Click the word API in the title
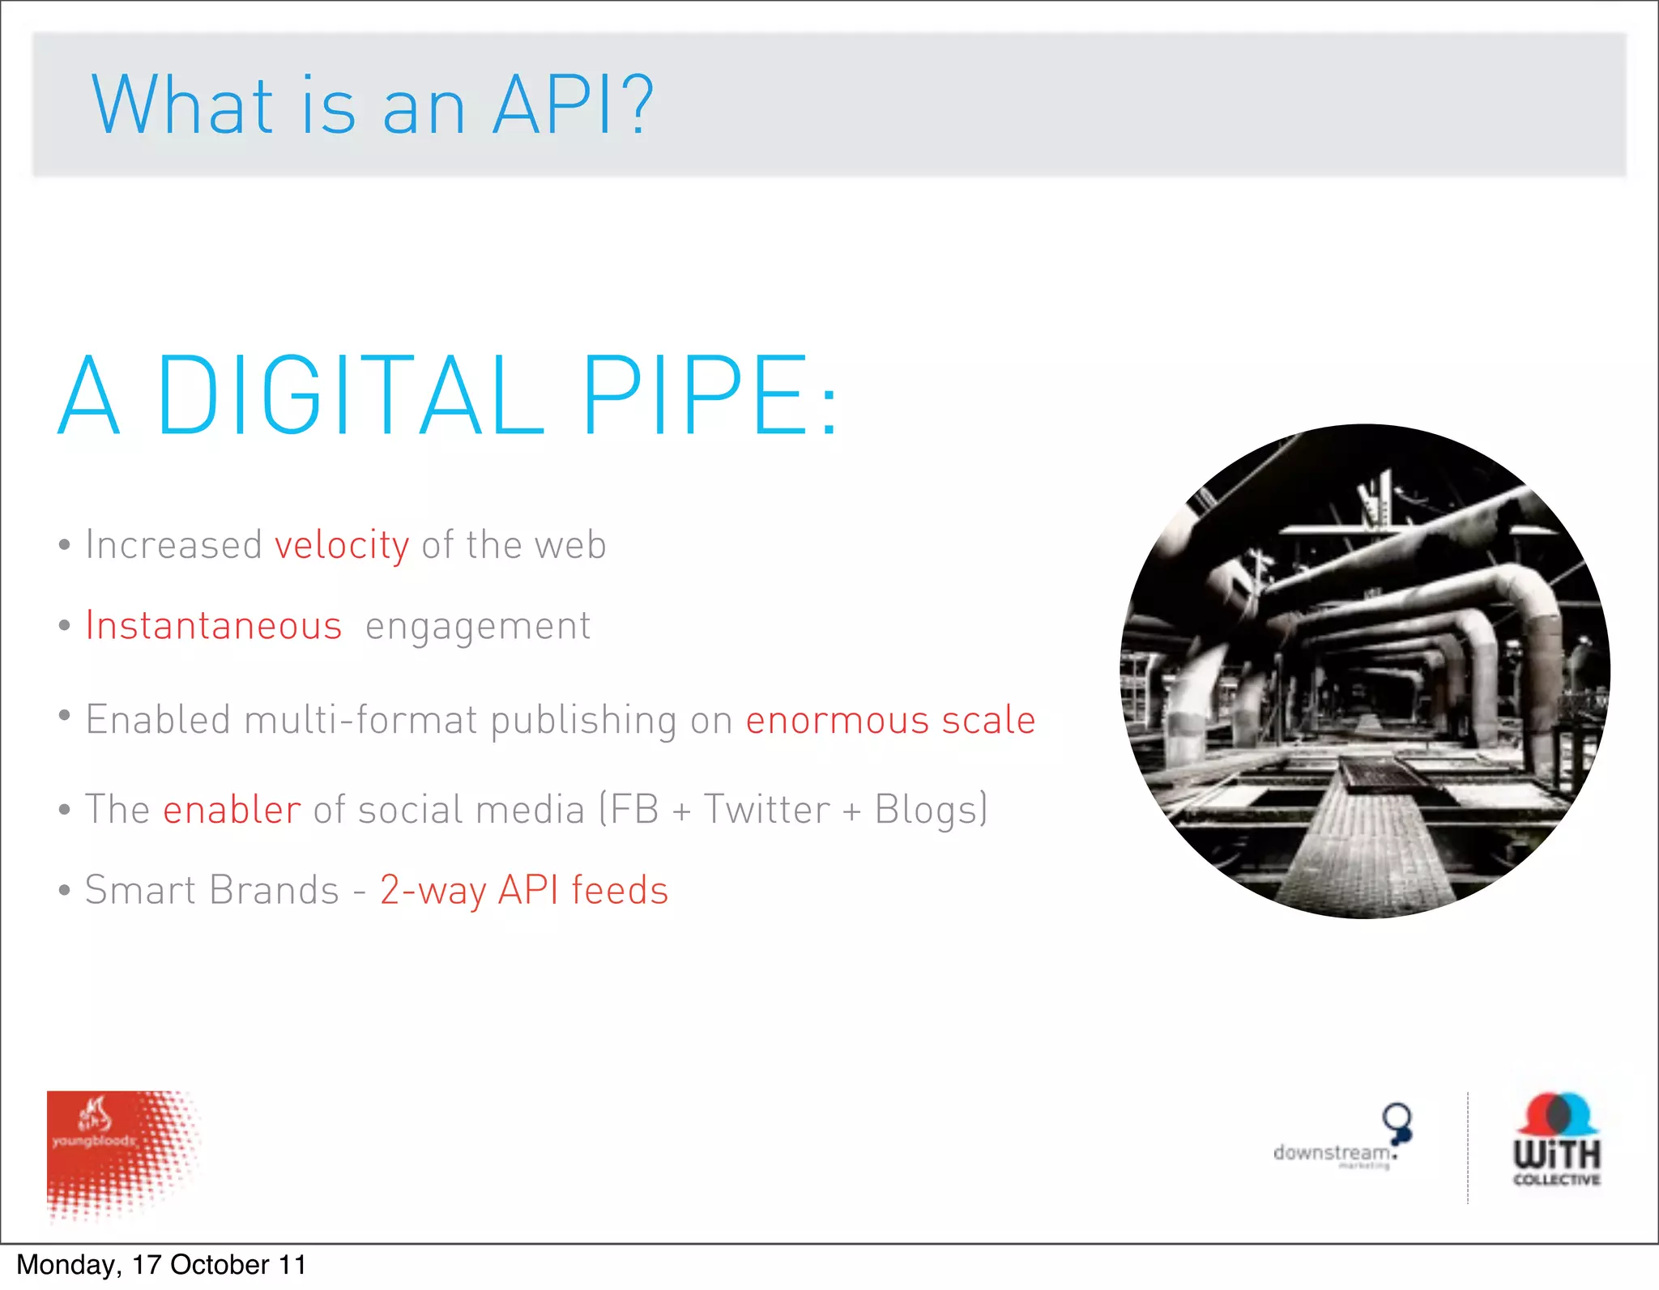pos(552,105)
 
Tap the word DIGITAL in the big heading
pos(350,395)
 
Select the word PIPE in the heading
pos(695,395)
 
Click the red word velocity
pos(342,545)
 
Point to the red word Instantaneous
pos(214,626)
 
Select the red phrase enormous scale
pos(890,720)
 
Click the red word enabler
pos(232,810)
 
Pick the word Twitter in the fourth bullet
pos(766,810)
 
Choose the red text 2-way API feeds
pos(524,890)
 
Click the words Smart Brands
pos(211,890)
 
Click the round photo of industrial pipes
pos(1365,671)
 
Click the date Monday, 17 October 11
pos(161,1265)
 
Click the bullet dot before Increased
pos(65,545)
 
